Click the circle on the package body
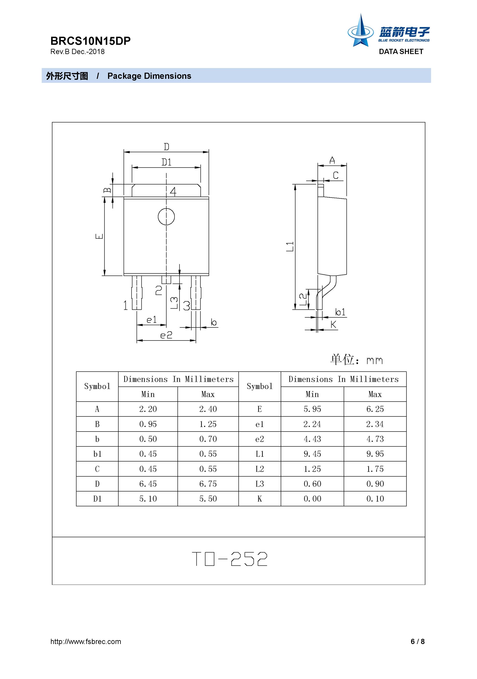[x=166, y=217]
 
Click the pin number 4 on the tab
[x=173, y=192]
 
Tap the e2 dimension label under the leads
[x=166, y=335]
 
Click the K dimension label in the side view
[x=333, y=325]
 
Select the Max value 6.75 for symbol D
[x=208, y=484]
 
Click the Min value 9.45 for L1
[x=312, y=454]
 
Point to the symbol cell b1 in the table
[x=97, y=454]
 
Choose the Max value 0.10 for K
[x=375, y=499]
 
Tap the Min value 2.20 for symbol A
[x=148, y=409]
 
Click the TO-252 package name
[x=230, y=559]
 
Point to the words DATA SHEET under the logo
[x=401, y=52]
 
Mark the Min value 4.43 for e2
[x=312, y=439]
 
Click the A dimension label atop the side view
[x=332, y=161]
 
